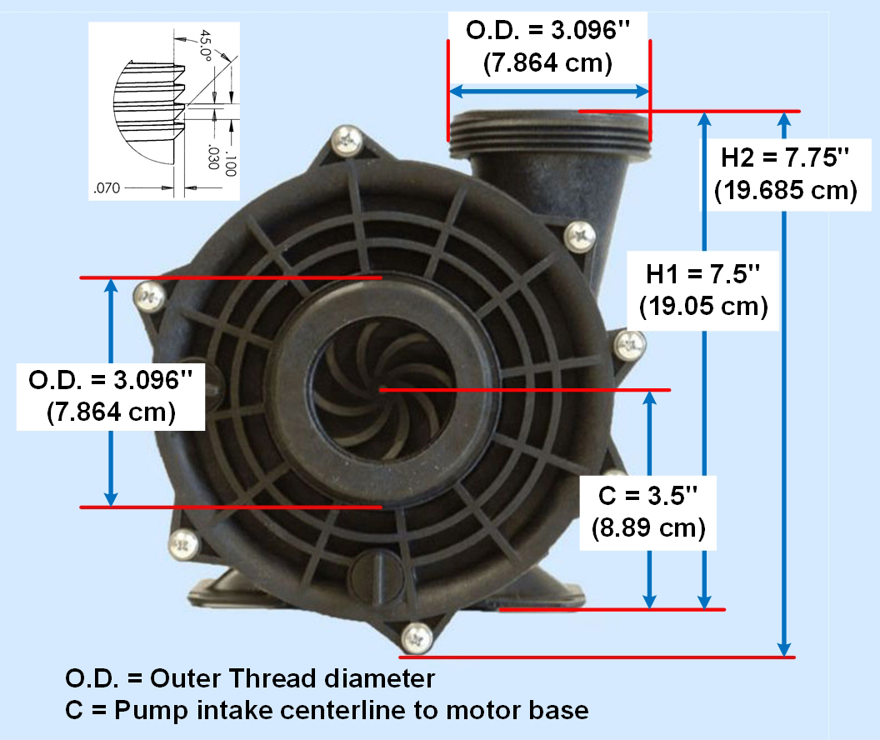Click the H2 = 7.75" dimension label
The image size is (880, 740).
coord(785,157)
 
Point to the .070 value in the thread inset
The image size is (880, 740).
coord(107,188)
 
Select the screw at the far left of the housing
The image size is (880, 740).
coord(147,294)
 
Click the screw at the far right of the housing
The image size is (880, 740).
coord(631,343)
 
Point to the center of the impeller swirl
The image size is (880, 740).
coord(378,388)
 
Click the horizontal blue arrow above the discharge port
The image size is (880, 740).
coord(549,91)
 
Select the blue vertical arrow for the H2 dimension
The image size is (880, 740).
coord(784,383)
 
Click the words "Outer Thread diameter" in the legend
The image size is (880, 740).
coord(292,679)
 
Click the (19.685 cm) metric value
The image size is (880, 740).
coord(785,190)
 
